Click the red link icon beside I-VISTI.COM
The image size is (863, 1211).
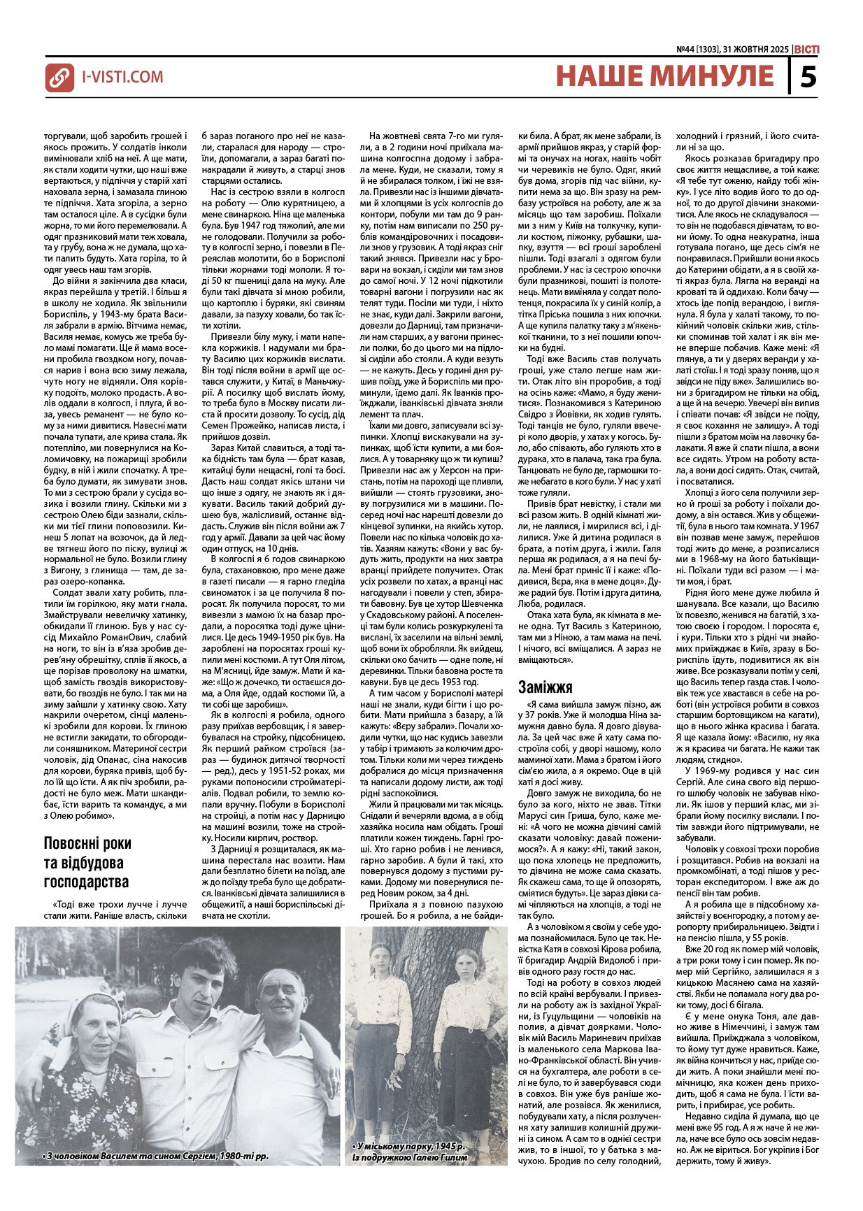pyautogui.click(x=60, y=77)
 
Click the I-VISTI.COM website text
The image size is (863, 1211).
pyautogui.click(x=122, y=77)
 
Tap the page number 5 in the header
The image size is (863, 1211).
pyautogui.click(x=808, y=76)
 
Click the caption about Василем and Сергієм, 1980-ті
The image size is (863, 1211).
pyautogui.click(x=155, y=1155)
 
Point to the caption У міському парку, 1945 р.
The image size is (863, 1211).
pyautogui.click(x=409, y=1146)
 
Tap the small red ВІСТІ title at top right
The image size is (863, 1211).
pyautogui.click(x=807, y=50)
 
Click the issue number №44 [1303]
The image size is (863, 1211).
pyautogui.click(x=700, y=50)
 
